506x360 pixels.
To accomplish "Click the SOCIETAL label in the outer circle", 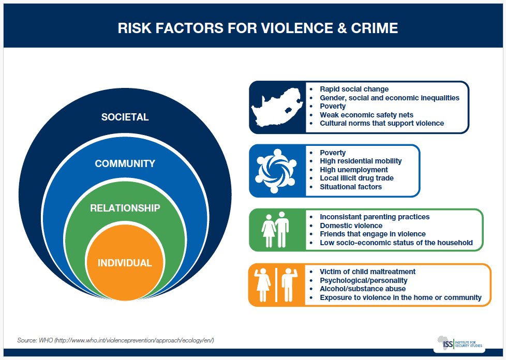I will (125, 117).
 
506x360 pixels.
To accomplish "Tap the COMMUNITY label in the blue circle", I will (125, 163).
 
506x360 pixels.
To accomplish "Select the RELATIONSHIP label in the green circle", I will (125, 208).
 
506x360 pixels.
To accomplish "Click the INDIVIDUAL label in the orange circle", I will (125, 263).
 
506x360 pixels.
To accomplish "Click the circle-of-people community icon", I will (277, 171).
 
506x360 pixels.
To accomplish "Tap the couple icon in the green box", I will (276, 230).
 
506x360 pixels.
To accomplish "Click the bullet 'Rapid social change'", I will (354, 89).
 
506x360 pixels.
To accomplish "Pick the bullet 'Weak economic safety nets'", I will (366, 114).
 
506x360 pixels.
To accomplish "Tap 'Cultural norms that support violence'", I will (382, 123).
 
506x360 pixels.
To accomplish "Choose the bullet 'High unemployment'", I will (354, 170).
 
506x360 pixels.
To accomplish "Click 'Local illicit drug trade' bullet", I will (356, 178).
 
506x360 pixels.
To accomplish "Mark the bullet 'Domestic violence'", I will (351, 226).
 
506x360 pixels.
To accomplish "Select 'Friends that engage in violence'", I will (373, 234).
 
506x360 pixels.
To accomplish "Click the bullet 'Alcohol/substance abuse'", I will (363, 289).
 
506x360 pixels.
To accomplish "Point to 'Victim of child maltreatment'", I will (367, 272).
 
